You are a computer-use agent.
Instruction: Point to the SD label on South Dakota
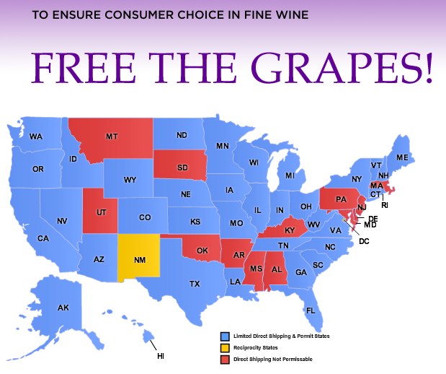pos(182,168)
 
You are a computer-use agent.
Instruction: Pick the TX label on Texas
pos(195,284)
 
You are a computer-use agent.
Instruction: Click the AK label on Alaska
pos(63,308)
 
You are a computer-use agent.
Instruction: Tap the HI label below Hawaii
pos(161,356)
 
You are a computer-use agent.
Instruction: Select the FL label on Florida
pos(311,310)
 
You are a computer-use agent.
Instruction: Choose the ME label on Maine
pos(402,157)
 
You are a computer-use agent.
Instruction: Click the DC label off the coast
pos(364,240)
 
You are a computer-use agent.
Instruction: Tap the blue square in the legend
pos(224,336)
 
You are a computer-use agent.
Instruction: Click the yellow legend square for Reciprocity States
pos(224,347)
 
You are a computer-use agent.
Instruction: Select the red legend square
pos(224,358)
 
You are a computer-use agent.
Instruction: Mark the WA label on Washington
pos(36,136)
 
